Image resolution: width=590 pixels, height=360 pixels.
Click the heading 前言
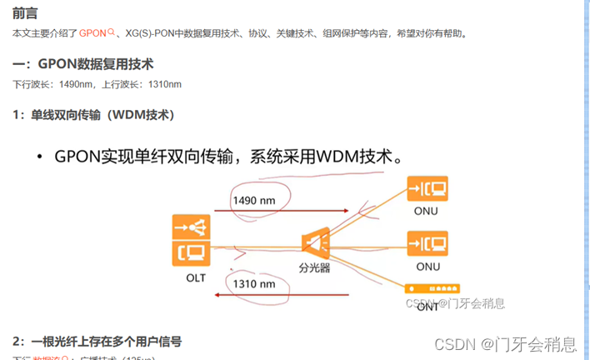coord(24,13)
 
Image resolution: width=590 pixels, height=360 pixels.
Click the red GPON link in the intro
coord(93,34)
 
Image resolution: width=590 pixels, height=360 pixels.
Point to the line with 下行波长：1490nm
coord(97,84)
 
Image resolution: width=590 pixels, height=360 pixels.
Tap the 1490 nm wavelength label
coord(254,202)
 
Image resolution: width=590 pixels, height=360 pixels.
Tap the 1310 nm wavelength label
coord(254,283)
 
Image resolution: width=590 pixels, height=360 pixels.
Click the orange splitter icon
coord(315,242)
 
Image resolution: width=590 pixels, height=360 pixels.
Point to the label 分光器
coord(315,268)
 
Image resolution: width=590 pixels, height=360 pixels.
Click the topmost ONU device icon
coord(427,188)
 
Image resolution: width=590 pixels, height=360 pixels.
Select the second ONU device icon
coord(427,243)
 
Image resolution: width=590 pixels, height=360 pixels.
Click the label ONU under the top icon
coord(427,211)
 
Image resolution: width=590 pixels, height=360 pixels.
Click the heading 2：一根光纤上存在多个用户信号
coord(97,341)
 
